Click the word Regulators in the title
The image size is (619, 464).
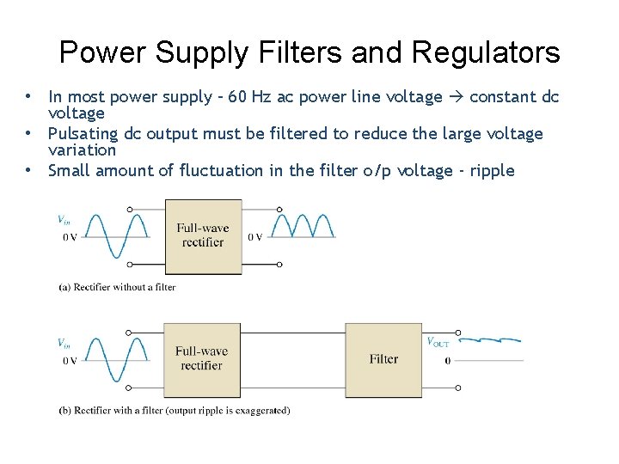click(486, 53)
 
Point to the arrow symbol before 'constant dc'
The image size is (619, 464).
click(456, 97)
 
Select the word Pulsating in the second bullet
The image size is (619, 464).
click(84, 134)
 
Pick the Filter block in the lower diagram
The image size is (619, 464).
click(383, 359)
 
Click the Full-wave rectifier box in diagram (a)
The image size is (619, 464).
click(203, 235)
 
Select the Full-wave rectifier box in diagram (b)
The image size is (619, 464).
click(202, 358)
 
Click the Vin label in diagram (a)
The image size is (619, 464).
click(64, 220)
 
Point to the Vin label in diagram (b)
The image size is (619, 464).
click(64, 343)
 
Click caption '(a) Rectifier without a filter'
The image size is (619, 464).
click(117, 287)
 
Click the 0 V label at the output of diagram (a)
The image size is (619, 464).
click(255, 237)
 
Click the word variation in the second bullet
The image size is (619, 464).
click(82, 150)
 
